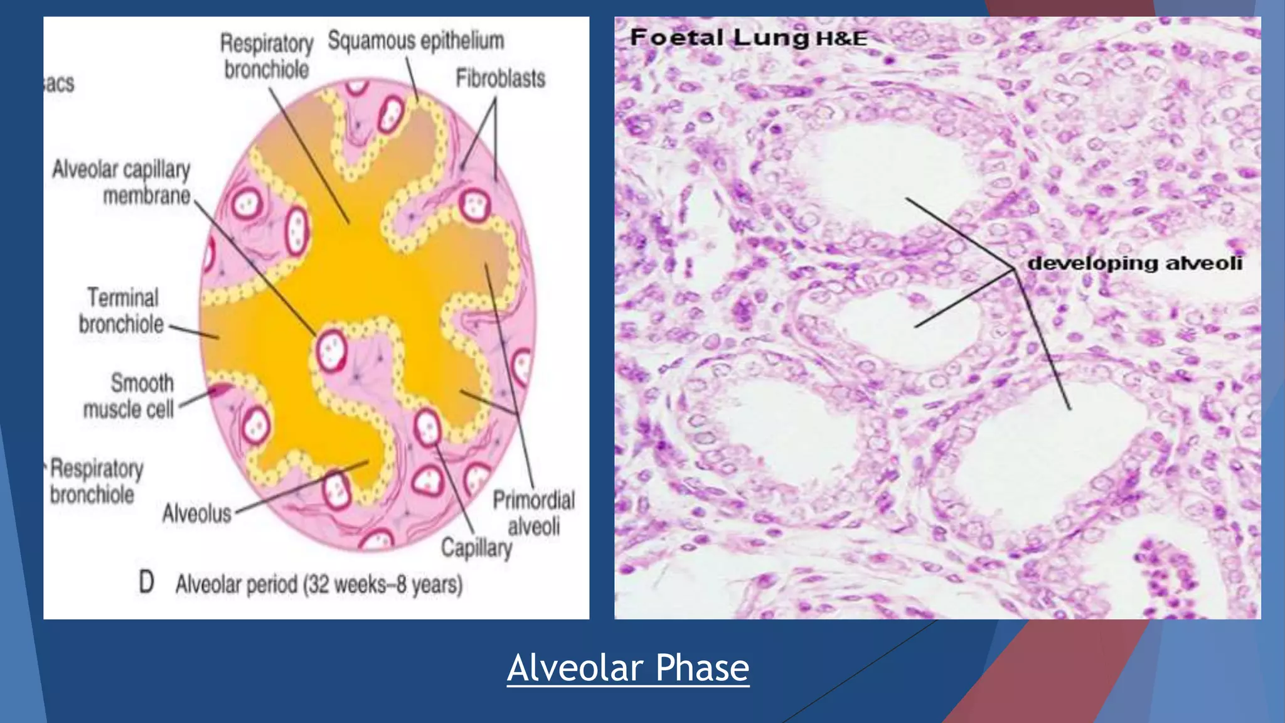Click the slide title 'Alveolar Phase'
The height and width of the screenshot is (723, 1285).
pyautogui.click(x=628, y=667)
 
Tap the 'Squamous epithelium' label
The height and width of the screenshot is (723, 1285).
pyautogui.click(x=416, y=41)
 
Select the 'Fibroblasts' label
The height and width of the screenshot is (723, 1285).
pyautogui.click(x=500, y=79)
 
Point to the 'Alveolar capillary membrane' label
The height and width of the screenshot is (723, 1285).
pyautogui.click(x=121, y=182)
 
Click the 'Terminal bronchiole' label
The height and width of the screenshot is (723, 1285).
pyautogui.click(x=121, y=311)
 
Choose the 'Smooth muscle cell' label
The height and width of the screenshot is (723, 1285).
pyautogui.click(x=129, y=396)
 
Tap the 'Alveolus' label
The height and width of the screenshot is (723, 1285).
pyautogui.click(x=196, y=513)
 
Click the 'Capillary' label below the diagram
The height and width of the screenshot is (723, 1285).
pyautogui.click(x=476, y=548)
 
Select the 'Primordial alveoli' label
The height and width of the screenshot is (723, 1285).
pyautogui.click(x=533, y=513)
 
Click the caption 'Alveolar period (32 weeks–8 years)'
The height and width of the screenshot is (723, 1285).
pyautogui.click(x=319, y=585)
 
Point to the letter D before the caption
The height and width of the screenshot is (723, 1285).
pyautogui.click(x=146, y=582)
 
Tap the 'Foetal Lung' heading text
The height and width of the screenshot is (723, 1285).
pyautogui.click(x=719, y=38)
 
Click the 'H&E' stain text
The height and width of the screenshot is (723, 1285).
pyautogui.click(x=841, y=39)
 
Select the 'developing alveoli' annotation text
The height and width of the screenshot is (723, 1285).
pyautogui.click(x=1134, y=263)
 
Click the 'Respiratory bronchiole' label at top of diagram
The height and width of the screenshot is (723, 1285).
pyautogui.click(x=267, y=56)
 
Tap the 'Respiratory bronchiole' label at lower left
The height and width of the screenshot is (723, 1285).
pyautogui.click(x=96, y=481)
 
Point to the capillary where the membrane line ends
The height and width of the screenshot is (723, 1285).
pyautogui.click(x=331, y=350)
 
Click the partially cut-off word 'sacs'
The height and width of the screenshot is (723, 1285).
pyautogui.click(x=60, y=83)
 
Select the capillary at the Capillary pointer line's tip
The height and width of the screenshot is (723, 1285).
pyautogui.click(x=429, y=429)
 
